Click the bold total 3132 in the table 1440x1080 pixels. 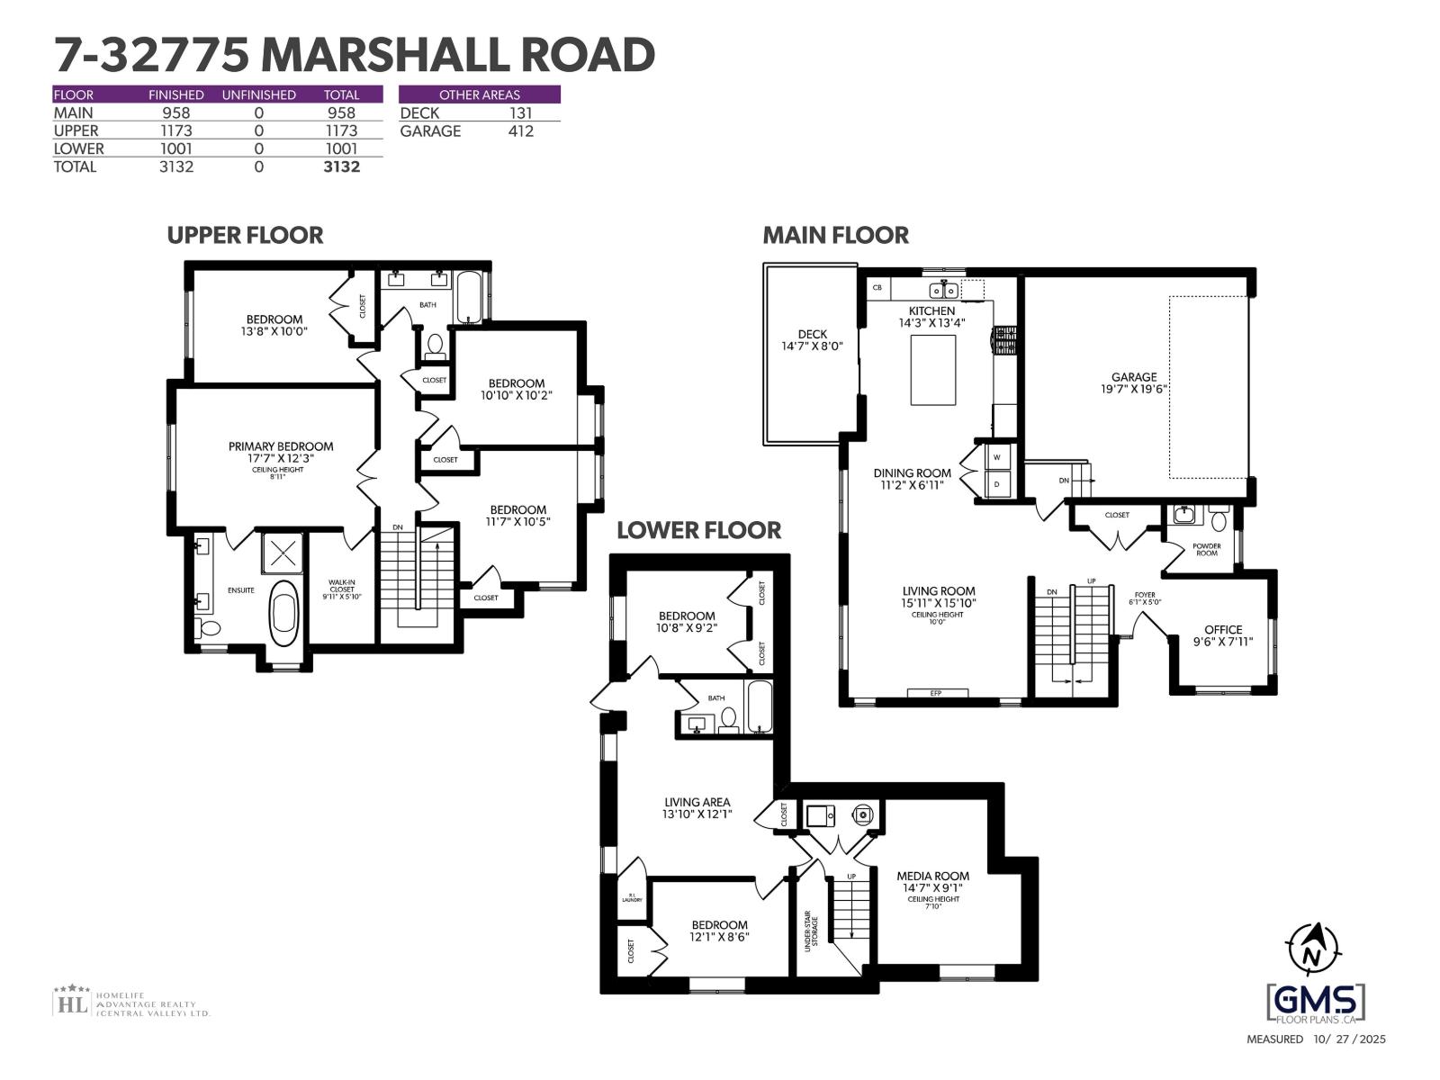(341, 166)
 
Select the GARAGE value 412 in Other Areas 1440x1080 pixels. (520, 131)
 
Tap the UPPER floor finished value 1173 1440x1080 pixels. (175, 131)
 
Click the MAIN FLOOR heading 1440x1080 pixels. (835, 236)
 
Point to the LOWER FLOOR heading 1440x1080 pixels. (698, 530)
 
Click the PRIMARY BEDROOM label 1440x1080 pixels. (281, 446)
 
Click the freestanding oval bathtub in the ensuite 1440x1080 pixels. (285, 611)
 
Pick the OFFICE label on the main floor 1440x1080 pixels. (1223, 630)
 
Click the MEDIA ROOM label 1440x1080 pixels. (932, 876)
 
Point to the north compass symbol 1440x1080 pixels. (1313, 950)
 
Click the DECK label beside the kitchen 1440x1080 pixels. (812, 335)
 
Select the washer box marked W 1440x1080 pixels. (996, 457)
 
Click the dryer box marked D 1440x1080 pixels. (996, 483)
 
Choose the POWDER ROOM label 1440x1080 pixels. (1206, 549)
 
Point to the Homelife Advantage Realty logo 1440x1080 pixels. (131, 1002)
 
